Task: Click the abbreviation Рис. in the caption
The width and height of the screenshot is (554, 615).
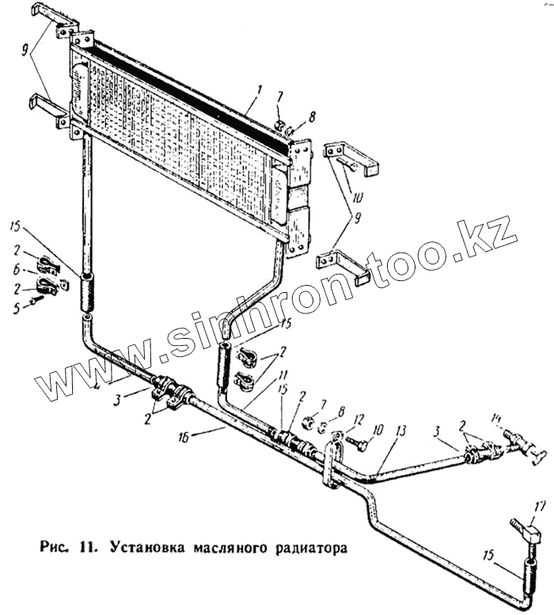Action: tap(50, 545)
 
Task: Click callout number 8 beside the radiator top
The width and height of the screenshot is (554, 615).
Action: tap(312, 116)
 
